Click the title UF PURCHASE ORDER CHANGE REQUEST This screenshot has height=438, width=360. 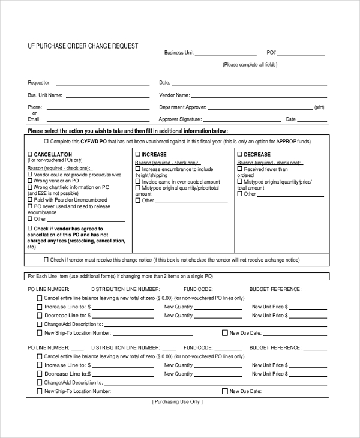83,46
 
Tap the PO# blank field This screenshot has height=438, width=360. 303,53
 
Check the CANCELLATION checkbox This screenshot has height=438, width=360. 30,155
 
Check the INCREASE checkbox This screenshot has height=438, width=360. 137,155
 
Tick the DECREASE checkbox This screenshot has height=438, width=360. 240,155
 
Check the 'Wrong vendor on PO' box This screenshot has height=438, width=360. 30,181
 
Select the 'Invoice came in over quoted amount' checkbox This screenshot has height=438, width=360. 137,181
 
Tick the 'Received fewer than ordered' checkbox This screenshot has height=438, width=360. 240,169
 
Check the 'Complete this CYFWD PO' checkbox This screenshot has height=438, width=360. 46,142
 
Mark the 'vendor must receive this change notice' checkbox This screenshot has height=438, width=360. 46,260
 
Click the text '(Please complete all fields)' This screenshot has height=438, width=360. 250,65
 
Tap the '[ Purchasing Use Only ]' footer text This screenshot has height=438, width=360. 178,402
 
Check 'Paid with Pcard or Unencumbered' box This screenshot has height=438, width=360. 30,200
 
